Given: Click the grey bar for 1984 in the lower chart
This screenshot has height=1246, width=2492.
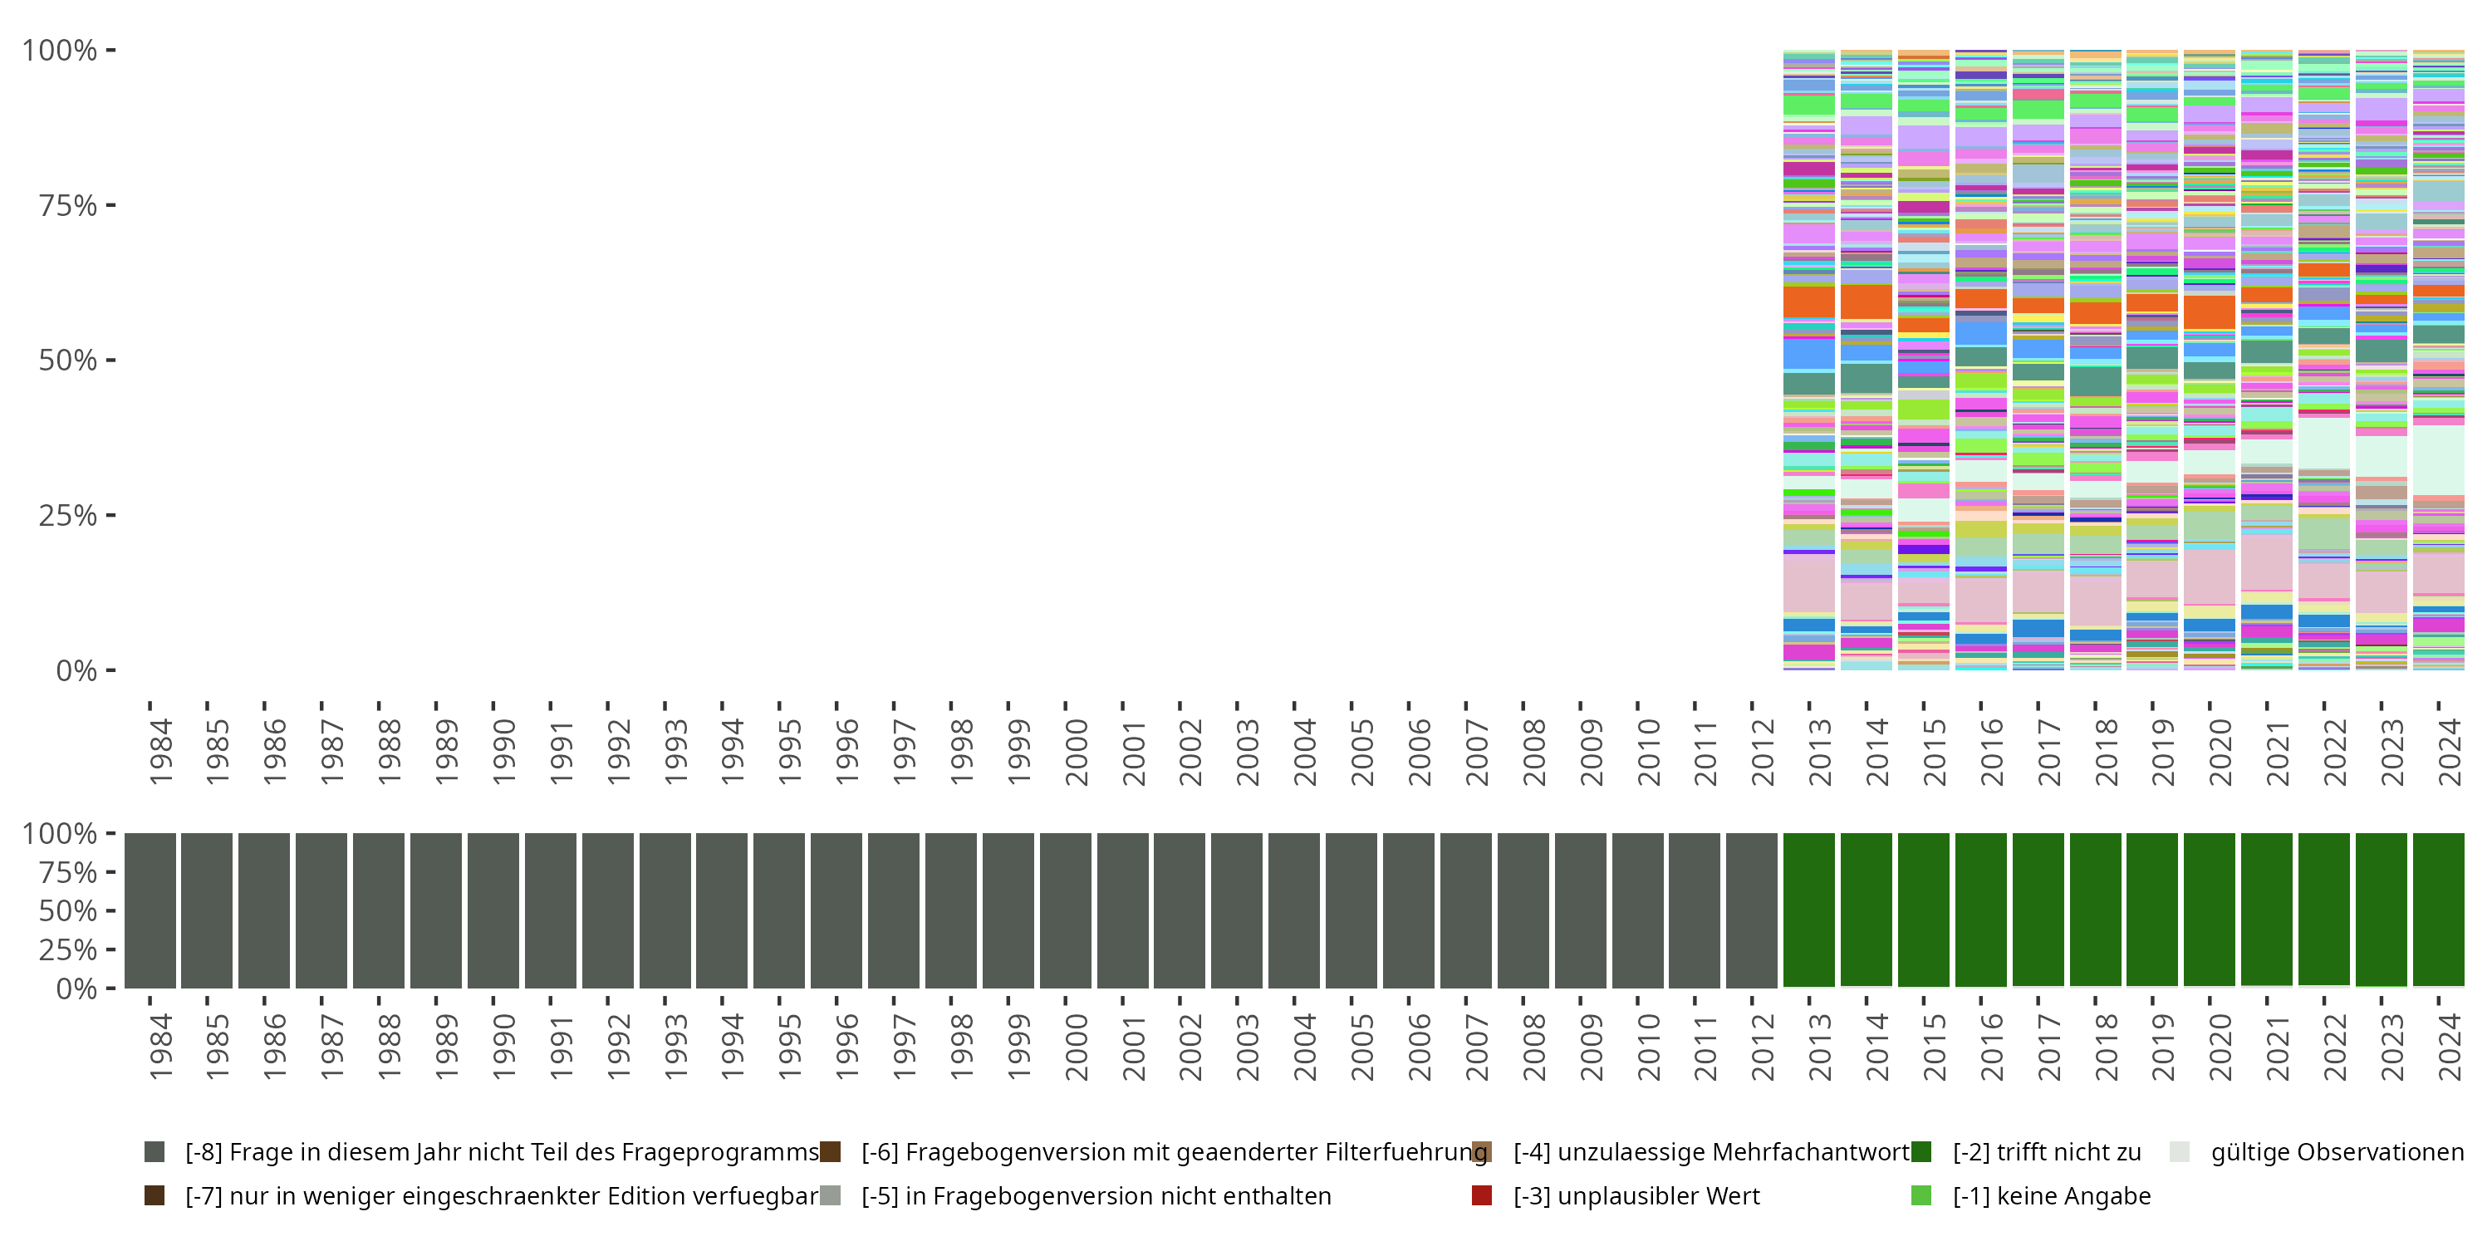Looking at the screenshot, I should pos(150,910).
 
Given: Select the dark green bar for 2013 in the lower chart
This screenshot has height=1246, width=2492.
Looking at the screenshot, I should pos(1808,910).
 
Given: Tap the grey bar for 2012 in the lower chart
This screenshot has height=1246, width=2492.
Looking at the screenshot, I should pos(1751,910).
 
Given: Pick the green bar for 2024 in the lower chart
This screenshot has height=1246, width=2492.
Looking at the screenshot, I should pos(2438,910).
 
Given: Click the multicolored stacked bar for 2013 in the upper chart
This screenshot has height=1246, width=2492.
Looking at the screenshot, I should pos(1808,360).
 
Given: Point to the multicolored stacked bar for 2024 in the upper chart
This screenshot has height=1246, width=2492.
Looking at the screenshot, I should pos(2438,360).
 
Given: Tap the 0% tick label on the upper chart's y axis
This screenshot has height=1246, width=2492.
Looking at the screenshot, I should pos(76,670).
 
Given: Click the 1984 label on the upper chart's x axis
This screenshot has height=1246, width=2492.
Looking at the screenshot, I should pos(160,752).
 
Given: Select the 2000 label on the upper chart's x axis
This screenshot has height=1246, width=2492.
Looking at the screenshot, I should pos(1077,752).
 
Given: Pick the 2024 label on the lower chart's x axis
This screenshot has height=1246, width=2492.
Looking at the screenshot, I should pos(2450,1047).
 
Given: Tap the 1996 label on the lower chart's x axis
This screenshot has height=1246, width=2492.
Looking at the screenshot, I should pos(847,1047).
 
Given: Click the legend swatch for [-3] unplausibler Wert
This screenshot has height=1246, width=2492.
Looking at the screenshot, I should pos(1481,1195).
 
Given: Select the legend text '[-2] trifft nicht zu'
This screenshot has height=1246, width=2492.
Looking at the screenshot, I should pos(2046,1152).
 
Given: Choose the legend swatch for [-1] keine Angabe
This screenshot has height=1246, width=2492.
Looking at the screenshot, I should pos(1921,1195).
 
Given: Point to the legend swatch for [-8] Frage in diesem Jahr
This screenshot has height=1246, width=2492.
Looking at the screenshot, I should pos(154,1152).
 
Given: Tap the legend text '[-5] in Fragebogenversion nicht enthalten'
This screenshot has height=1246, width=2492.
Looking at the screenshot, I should pos(1096,1195).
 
